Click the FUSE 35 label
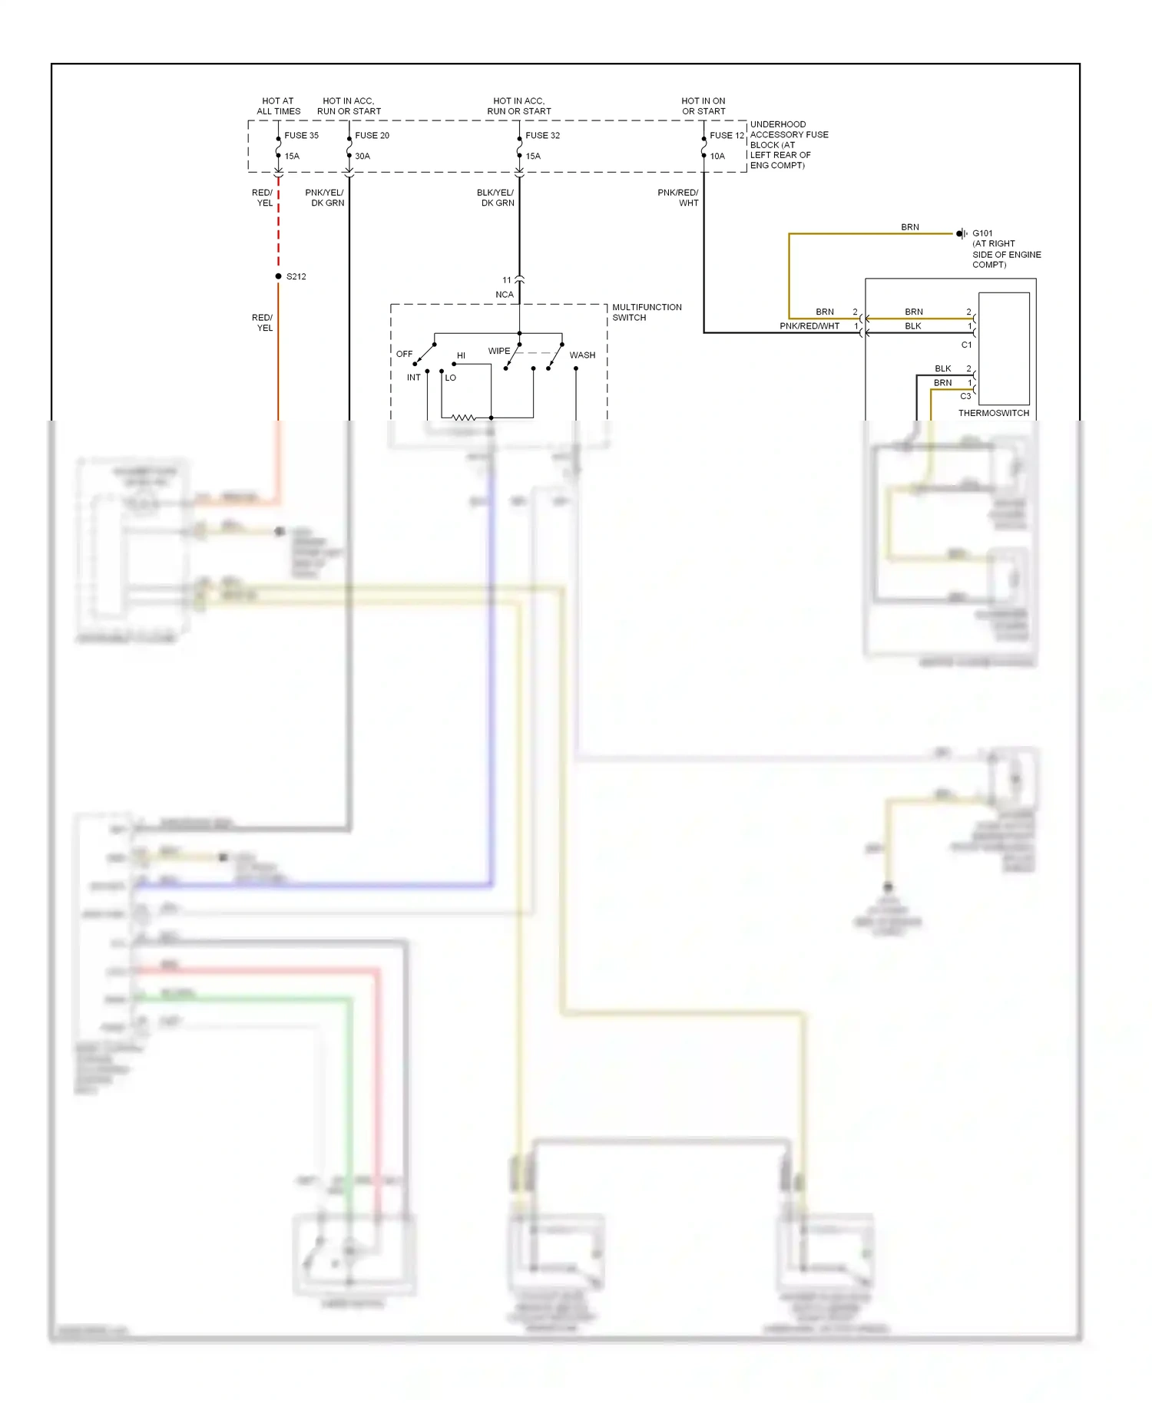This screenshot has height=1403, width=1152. [x=301, y=135]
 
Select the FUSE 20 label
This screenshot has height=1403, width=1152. [x=372, y=135]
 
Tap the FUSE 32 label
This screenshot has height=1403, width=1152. [x=542, y=135]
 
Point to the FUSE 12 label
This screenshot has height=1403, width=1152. [x=727, y=135]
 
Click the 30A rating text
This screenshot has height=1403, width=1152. [x=362, y=156]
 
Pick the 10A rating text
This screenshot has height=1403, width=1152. [x=717, y=156]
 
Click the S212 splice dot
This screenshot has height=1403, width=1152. [x=278, y=276]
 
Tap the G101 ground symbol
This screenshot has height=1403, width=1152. [x=962, y=233]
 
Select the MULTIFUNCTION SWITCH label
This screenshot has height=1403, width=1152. [x=646, y=312]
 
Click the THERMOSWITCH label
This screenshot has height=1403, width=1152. [x=993, y=413]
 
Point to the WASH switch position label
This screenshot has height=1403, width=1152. [x=582, y=355]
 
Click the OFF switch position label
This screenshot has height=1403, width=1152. [x=404, y=354]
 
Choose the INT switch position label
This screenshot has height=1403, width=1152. [x=413, y=377]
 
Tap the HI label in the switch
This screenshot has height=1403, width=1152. [x=461, y=355]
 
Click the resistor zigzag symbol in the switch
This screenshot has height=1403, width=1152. [x=463, y=418]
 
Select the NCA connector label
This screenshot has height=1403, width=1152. [x=504, y=295]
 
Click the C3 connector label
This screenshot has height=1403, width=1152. [x=965, y=396]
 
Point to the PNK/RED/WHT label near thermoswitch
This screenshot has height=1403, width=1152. [x=809, y=326]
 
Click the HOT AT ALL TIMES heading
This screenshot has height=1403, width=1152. [x=278, y=106]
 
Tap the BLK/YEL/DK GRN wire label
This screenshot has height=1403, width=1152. [x=496, y=198]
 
